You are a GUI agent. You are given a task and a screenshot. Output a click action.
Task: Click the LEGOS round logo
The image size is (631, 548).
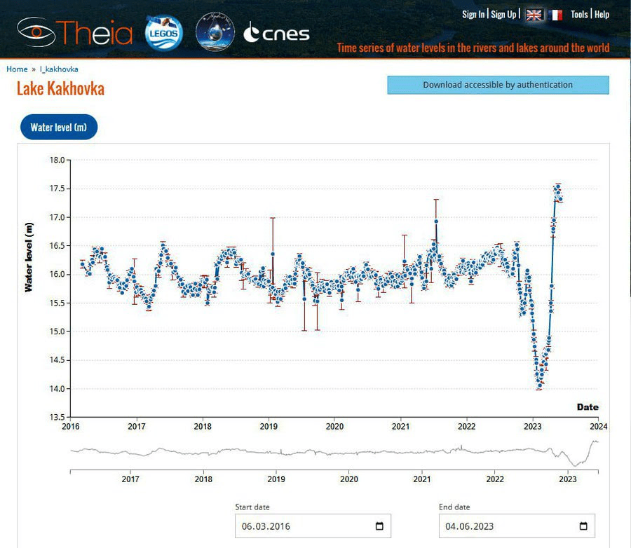pos(163,32)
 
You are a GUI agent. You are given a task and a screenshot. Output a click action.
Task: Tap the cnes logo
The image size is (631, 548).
pos(276,32)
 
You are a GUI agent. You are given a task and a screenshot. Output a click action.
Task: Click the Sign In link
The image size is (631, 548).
pos(473,15)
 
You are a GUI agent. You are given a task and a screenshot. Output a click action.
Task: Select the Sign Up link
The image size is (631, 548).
pos(503,15)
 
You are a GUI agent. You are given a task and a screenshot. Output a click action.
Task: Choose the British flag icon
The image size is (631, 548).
pos(534,15)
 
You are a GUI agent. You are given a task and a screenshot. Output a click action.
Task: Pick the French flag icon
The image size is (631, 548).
pos(555,15)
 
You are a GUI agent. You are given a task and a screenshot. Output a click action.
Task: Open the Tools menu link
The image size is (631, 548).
pos(579,15)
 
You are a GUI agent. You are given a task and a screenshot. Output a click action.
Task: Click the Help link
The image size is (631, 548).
pos(602,15)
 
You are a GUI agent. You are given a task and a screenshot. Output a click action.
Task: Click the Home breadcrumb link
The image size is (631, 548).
pos(17,69)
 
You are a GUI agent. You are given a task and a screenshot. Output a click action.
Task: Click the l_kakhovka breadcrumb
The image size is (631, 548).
pos(59,69)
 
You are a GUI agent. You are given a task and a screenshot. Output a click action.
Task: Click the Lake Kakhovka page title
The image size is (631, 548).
pos(60,89)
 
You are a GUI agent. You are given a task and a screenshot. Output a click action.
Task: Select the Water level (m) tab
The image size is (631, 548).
pos(58,128)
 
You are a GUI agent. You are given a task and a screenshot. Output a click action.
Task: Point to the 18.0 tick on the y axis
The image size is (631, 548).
pos(57,160)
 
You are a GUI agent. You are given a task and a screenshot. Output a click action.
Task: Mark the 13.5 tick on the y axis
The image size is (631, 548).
pos(57,418)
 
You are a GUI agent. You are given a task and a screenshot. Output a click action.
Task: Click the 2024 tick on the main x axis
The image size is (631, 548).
pos(598,426)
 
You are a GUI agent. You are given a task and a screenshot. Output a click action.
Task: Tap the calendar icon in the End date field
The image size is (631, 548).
pos(583,526)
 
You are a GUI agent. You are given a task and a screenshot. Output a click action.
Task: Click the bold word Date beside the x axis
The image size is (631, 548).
pos(588,407)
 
